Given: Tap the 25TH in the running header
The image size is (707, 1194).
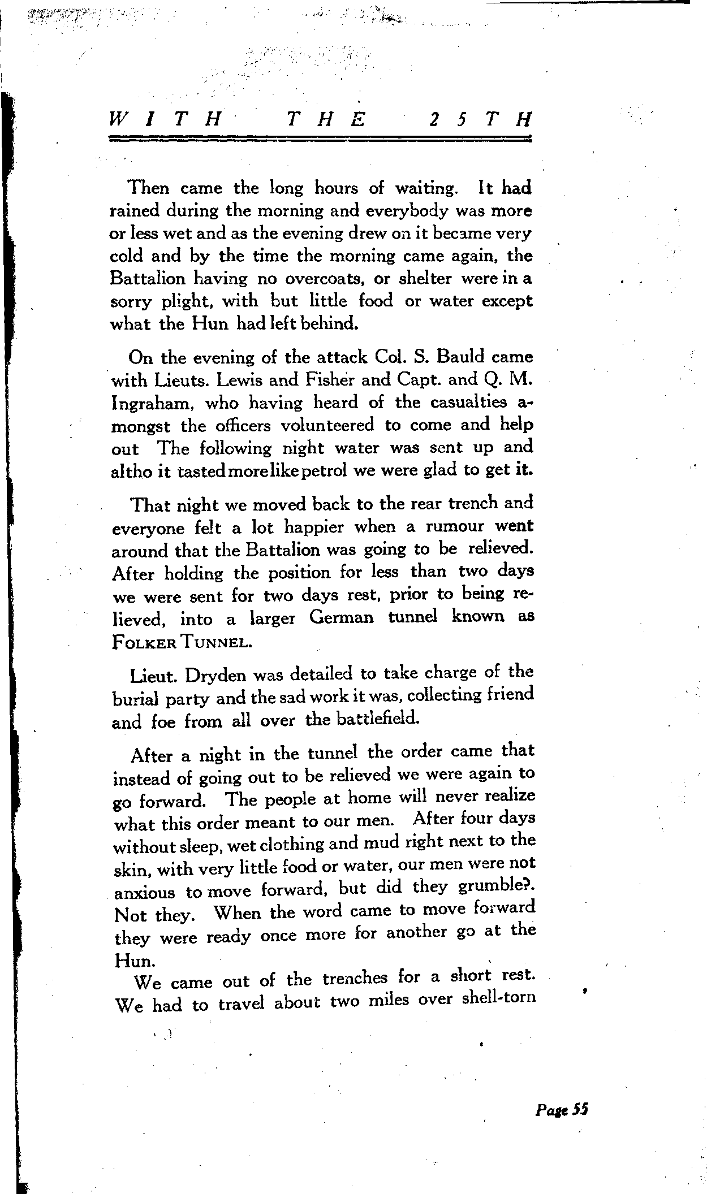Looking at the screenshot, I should tap(480, 120).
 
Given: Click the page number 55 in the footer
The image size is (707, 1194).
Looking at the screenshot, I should tap(580, 1110).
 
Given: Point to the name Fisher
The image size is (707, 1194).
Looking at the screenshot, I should tap(328, 380).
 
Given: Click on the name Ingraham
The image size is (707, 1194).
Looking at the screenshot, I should tap(150, 404).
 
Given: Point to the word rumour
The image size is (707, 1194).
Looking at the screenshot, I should tap(455, 526).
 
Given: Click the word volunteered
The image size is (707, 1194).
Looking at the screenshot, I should tap(327, 425).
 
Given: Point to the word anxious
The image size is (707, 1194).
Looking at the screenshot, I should tap(145, 893).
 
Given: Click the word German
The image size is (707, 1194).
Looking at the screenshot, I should tap(342, 617).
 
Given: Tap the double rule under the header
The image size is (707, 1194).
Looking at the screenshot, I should tap(320, 139).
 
